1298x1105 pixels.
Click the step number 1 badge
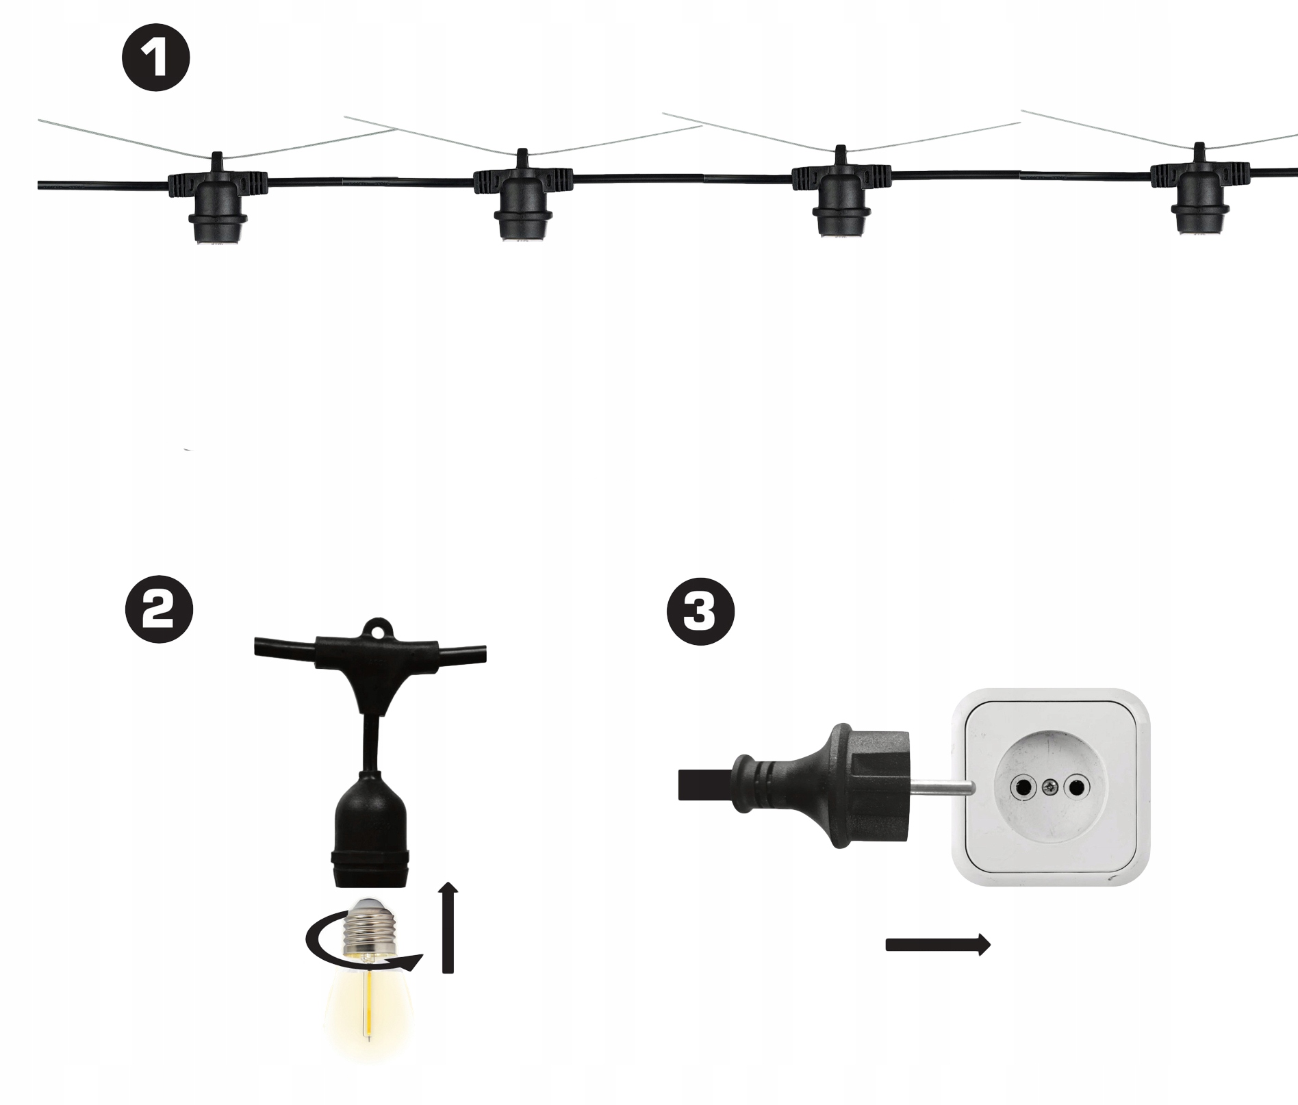pos(156,59)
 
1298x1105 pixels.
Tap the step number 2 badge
pos(159,609)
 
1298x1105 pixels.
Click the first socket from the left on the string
pos(218,200)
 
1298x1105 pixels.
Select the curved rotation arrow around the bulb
pos(362,944)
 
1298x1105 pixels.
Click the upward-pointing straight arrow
pos(448,928)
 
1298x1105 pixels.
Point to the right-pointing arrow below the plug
pos(938,945)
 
